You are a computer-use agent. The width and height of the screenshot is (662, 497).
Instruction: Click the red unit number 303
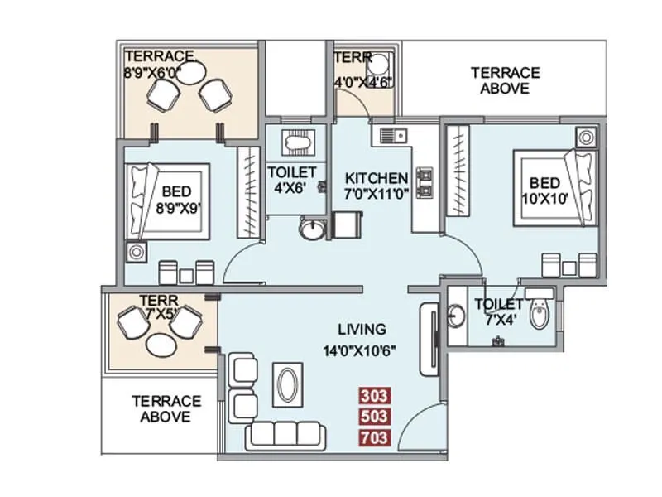coord(374,395)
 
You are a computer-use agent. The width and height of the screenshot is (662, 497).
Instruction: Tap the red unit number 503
coord(374,416)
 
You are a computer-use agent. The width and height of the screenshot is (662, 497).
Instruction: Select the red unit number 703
coord(374,437)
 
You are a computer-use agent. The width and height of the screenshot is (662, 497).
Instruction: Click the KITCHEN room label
coord(377,178)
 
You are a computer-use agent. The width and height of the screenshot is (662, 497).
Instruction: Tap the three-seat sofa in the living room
coord(286,435)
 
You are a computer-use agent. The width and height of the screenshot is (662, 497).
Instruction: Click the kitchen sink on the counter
coord(391,133)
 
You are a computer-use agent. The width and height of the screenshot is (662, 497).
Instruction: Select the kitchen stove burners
coord(426,183)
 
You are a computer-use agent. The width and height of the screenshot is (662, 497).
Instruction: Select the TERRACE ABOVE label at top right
coord(505,80)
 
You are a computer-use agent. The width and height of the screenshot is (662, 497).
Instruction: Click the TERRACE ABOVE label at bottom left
coord(165,408)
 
